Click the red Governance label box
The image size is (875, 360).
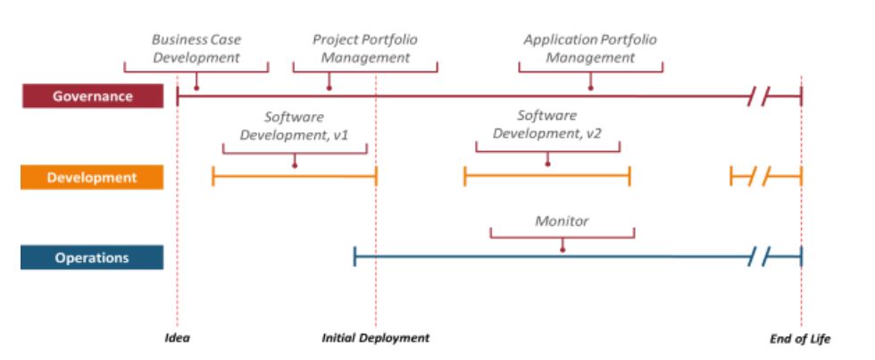coord(93,96)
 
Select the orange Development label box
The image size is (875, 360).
coord(93,177)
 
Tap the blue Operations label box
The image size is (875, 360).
coord(93,257)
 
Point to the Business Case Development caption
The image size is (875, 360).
coord(196,48)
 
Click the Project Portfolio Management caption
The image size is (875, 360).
coord(364,48)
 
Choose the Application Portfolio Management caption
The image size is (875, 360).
coord(590,48)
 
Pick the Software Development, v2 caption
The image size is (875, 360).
coord(546,125)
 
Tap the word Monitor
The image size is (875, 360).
coord(562,221)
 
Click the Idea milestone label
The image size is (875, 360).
coord(178,339)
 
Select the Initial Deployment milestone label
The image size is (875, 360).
coord(376,339)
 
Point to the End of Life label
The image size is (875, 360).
coord(800,339)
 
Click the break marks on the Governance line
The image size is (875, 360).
coord(759,96)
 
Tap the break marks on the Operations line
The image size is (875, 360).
coord(759,258)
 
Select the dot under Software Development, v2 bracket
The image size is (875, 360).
coord(547,164)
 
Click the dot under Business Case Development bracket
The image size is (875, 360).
coord(196,88)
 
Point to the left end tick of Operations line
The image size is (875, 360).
coord(355,258)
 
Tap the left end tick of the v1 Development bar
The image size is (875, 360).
coord(213,177)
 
